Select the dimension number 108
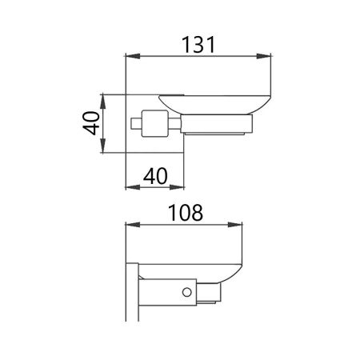tap(186, 214)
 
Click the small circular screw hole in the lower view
tap(188, 293)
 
